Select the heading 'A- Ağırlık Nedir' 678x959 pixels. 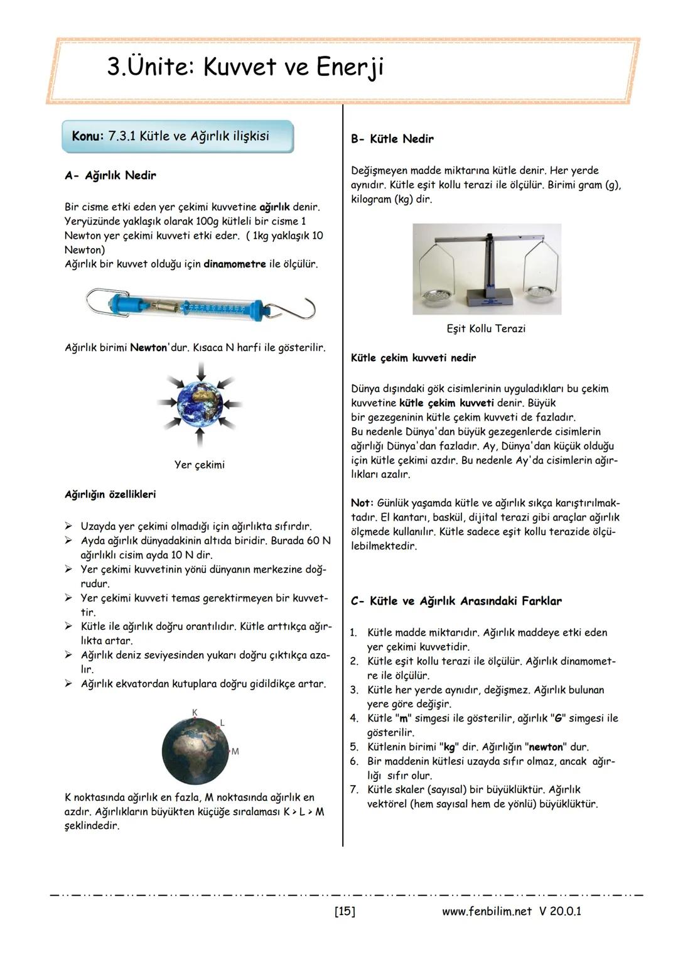click(x=110, y=176)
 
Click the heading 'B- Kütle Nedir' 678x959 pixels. click(x=392, y=139)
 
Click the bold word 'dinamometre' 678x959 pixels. click(x=234, y=264)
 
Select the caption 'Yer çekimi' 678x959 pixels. click(x=199, y=465)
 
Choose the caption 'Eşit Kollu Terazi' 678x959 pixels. click(x=486, y=329)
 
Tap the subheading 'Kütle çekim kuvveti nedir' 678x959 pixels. click(x=413, y=358)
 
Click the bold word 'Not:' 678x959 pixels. click(x=362, y=504)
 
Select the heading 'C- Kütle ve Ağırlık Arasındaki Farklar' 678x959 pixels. click(x=456, y=602)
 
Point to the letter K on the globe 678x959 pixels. click(x=195, y=712)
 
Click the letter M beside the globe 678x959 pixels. click(x=235, y=751)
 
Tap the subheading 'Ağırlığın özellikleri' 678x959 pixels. click(x=110, y=495)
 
